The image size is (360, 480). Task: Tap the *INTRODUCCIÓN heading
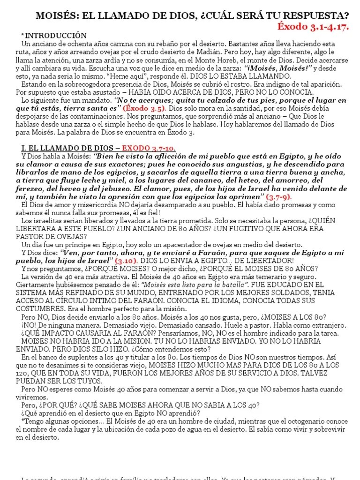pos(54,36)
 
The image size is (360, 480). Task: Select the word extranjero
pos(328,325)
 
